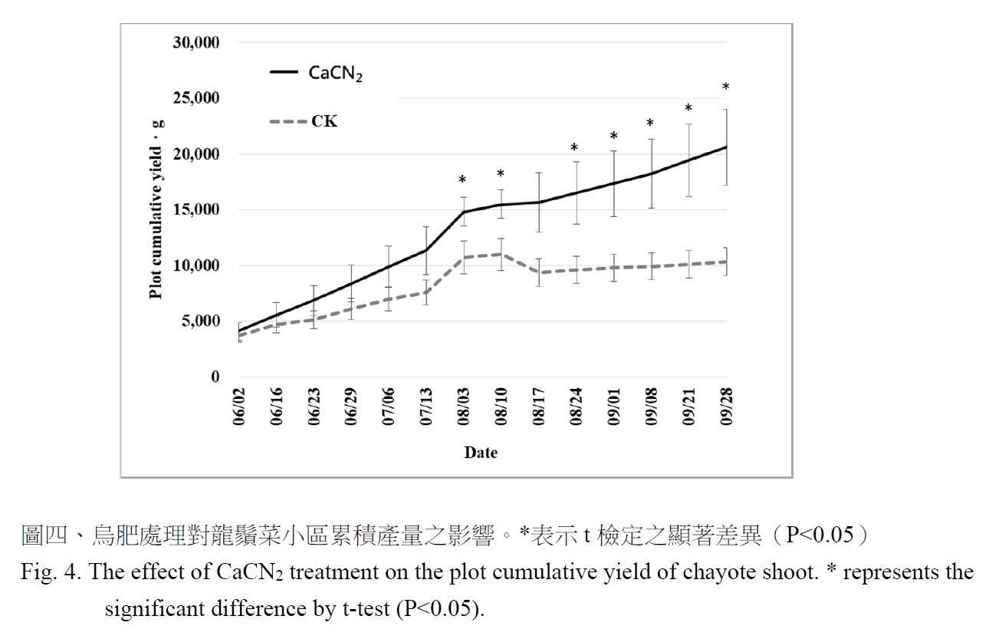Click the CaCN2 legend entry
tap(335, 73)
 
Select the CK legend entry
tap(324, 121)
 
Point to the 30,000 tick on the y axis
tap(196, 43)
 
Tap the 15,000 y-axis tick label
tap(196, 210)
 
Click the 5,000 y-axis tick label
tap(199, 321)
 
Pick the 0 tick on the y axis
tap(215, 377)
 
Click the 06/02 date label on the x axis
tap(239, 407)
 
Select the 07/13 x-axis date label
tap(427, 407)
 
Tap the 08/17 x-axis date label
tap(540, 407)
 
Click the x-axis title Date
tap(481, 453)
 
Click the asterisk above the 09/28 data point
tap(726, 88)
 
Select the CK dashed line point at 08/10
tap(500, 254)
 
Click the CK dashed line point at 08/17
tap(538, 272)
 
